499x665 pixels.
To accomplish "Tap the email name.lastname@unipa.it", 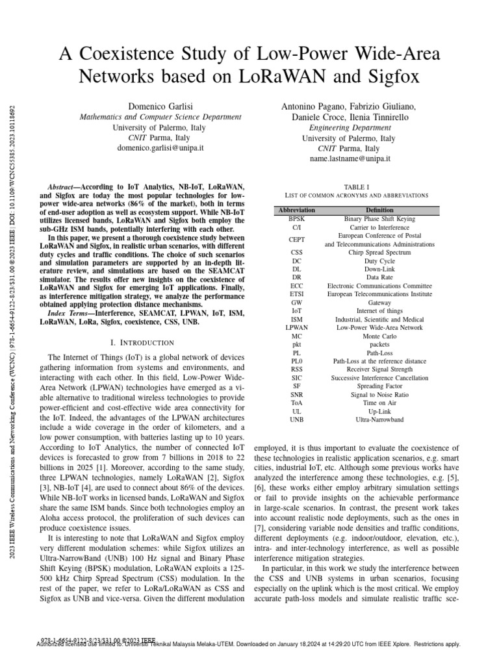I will [349, 158].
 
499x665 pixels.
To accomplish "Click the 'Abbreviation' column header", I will [296, 210].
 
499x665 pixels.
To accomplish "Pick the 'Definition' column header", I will [379, 210].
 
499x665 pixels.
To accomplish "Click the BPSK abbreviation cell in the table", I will [296, 220].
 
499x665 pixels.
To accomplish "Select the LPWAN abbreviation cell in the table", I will [296, 328].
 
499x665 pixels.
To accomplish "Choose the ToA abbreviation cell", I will [296, 403].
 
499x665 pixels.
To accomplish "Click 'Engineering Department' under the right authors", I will [349, 128].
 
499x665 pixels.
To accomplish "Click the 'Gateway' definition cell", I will [379, 303].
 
